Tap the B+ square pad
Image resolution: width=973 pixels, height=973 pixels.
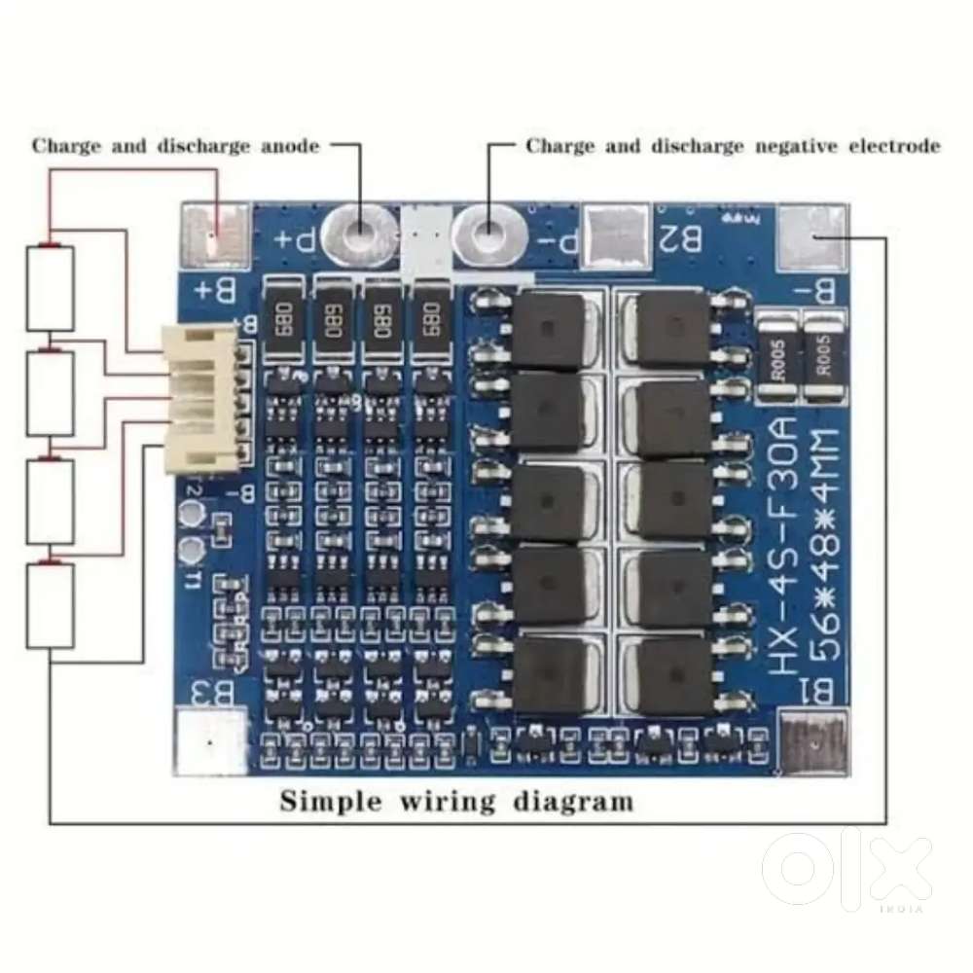click(217, 236)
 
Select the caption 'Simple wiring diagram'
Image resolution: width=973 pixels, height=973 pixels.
click(456, 802)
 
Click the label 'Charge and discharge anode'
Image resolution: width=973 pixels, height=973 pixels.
click(175, 146)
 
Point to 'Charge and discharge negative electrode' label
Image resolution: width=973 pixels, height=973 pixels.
click(733, 146)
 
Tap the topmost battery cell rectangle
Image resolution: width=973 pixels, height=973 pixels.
click(50, 288)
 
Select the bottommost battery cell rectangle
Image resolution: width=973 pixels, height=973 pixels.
click(50, 605)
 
